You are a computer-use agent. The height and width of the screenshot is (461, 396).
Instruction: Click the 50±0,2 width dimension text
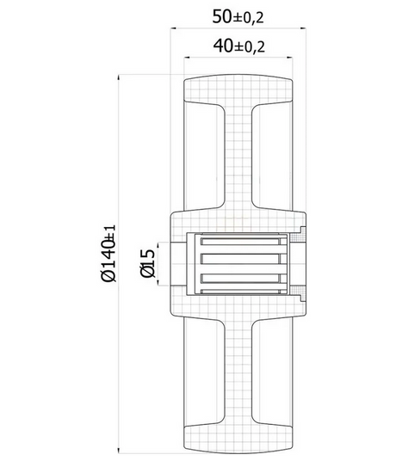coord(238,16)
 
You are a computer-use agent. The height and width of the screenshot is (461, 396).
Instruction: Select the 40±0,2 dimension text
coord(239,46)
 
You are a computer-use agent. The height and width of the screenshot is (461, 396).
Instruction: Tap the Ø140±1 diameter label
coord(108,253)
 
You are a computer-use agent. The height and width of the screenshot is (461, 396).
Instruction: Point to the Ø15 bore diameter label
coord(147,263)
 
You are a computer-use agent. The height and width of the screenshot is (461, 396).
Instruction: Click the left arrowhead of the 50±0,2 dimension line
coord(173,28)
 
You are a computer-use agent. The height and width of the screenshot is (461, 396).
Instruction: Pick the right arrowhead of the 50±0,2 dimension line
coord(303,28)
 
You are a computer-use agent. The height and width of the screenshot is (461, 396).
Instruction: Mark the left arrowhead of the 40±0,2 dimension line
coord(187,58)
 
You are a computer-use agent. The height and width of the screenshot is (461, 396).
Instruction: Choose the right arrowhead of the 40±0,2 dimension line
coord(290,58)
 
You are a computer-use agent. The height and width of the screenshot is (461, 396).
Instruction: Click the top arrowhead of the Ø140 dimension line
coord(119,77)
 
